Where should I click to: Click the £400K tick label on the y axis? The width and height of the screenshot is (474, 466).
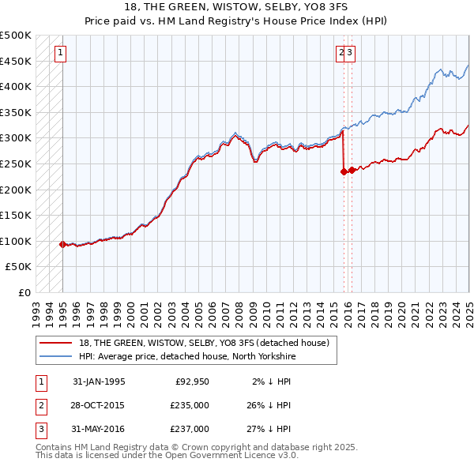(x=16, y=86)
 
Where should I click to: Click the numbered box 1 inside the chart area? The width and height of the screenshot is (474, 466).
(x=60, y=54)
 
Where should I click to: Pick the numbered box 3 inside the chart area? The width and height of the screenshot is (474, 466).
(x=350, y=54)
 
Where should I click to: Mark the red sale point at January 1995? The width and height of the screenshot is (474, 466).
(x=62, y=244)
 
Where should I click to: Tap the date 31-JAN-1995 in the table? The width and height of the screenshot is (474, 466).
(x=99, y=381)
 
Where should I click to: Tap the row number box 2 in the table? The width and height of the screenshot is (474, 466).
(x=39, y=405)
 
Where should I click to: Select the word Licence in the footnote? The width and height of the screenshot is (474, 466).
(x=256, y=455)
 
